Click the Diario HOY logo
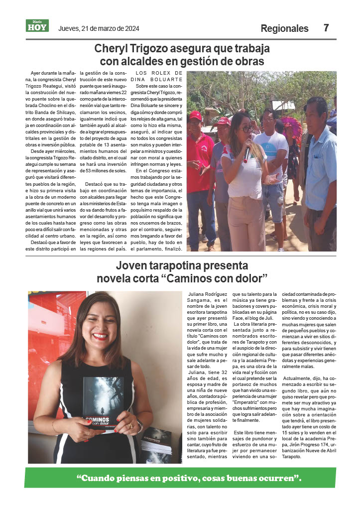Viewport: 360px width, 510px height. click(37, 26)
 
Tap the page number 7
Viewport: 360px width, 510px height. click(326, 28)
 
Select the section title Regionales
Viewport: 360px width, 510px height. click(284, 28)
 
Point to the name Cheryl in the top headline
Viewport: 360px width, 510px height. click(113, 49)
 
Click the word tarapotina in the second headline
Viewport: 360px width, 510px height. click(176, 265)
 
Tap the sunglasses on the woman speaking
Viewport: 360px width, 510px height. click(246, 129)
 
